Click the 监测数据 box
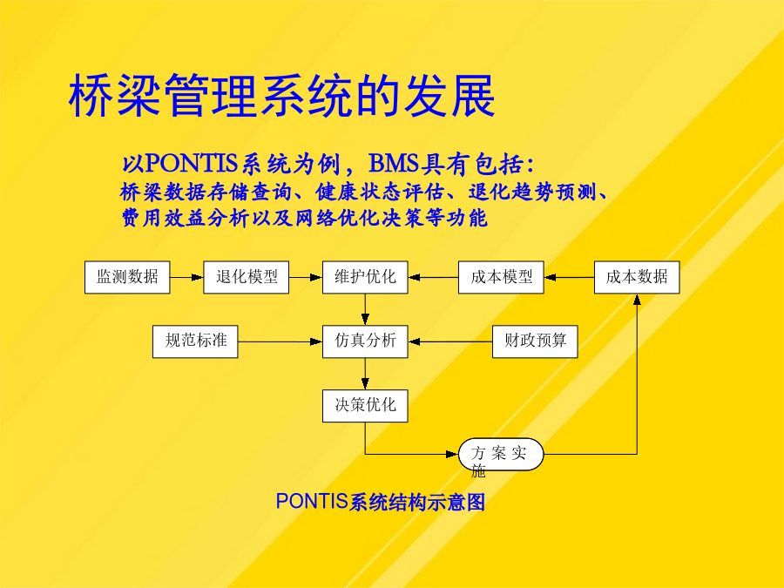(127, 277)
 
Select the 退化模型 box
(246, 277)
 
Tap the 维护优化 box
(365, 277)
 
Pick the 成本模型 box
(501, 277)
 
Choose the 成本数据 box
(637, 277)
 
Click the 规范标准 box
(195, 341)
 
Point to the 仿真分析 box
(365, 341)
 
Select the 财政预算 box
(535, 341)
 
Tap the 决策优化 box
(365, 405)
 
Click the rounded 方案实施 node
(501, 454)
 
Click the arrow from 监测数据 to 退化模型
(186, 278)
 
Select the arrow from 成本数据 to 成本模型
(569, 278)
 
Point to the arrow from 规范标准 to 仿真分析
(280, 342)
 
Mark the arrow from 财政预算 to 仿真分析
(450, 342)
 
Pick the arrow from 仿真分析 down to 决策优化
(365, 374)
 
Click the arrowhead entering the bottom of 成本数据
(637, 299)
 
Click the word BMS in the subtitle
(394, 163)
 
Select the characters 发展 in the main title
(449, 95)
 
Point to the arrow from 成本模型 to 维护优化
(433, 278)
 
